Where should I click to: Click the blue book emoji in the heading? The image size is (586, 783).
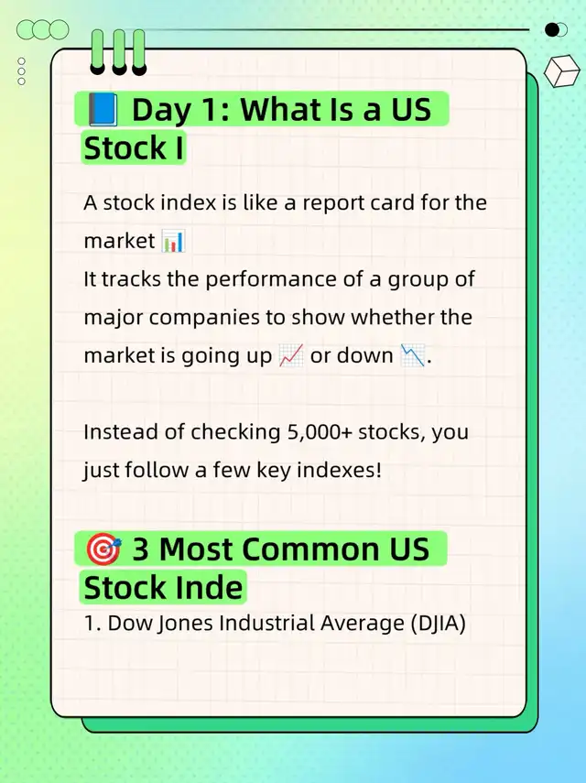click(x=103, y=109)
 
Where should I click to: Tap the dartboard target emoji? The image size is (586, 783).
click(x=103, y=549)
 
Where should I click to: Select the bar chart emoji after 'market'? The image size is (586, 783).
click(x=173, y=241)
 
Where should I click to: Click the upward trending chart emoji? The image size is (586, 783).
click(x=291, y=356)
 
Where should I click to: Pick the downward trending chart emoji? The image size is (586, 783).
click(x=413, y=356)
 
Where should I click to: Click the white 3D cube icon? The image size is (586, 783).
click(x=561, y=71)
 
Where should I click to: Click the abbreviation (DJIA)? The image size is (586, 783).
click(x=438, y=624)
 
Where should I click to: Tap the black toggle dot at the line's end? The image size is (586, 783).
click(x=552, y=30)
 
